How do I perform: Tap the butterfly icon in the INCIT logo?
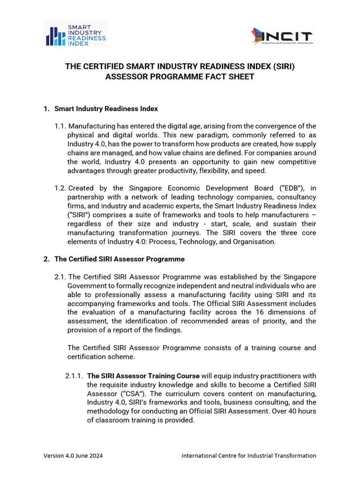coord(257,37)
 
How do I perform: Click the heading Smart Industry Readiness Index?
coord(106,109)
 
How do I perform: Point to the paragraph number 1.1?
coord(60,126)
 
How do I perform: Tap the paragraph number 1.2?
coord(60,188)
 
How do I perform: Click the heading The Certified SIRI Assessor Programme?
coord(119,259)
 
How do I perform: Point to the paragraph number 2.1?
coord(60,277)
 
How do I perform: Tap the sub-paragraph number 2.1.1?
coord(74,376)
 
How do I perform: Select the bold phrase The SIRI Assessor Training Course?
coord(143,376)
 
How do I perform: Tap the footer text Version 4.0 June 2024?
coord(74,456)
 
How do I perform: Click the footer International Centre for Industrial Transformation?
coord(248,456)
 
